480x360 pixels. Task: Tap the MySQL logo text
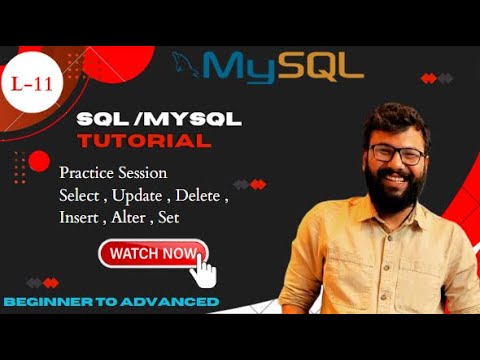(x=282, y=66)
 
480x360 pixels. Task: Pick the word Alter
(x=129, y=215)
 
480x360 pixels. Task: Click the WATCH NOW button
(x=152, y=254)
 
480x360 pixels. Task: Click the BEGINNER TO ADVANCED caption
(x=111, y=301)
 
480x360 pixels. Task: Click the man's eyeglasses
(x=394, y=154)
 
